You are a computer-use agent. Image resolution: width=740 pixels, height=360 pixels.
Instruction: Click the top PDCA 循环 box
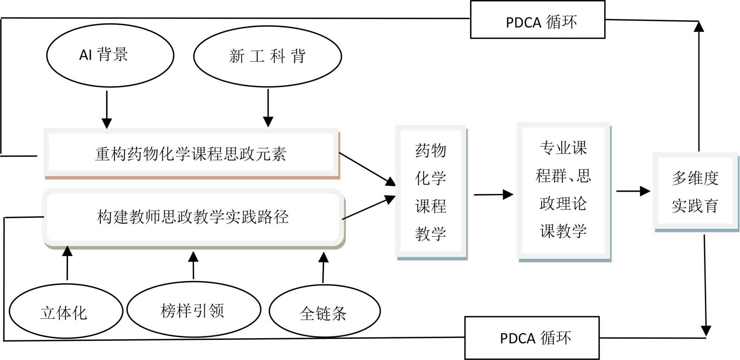coord(538,20)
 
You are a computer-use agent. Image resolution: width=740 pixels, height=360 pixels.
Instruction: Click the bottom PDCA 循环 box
coord(532,337)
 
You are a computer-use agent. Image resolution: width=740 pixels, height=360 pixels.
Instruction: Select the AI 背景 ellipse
coord(110,55)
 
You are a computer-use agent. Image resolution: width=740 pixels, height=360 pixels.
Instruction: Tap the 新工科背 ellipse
coord(268,57)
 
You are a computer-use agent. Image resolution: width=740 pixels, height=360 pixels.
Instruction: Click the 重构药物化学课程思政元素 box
coord(191,153)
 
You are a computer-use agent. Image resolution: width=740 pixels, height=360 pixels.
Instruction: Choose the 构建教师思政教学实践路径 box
coord(193,217)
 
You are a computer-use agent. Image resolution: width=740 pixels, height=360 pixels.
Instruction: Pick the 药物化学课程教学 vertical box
coord(431,192)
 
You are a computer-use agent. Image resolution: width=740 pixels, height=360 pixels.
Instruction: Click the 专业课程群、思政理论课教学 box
coord(563,190)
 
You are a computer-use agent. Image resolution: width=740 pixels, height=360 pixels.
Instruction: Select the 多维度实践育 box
coord(695,191)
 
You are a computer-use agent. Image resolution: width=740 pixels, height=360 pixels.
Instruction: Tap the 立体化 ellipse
coord(66,311)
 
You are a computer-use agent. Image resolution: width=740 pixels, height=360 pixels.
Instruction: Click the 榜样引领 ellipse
coord(194,310)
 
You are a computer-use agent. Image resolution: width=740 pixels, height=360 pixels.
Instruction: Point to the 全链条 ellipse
coord(324,311)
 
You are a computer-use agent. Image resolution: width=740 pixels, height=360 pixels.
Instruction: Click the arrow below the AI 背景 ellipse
coord(107,110)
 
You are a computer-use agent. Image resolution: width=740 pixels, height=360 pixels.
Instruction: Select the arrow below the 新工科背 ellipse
coord(268,108)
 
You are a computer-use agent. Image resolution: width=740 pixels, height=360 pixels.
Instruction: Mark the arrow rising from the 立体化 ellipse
coord(67,263)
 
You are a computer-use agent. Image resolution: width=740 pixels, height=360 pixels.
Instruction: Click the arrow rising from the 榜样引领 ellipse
coord(194,265)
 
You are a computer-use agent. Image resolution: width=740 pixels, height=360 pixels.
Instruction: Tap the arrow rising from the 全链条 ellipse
coord(323,267)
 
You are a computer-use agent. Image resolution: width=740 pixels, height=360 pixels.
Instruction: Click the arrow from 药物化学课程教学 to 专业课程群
coord(493,194)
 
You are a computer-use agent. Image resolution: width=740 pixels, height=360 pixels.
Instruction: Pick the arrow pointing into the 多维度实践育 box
coord(633,191)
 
